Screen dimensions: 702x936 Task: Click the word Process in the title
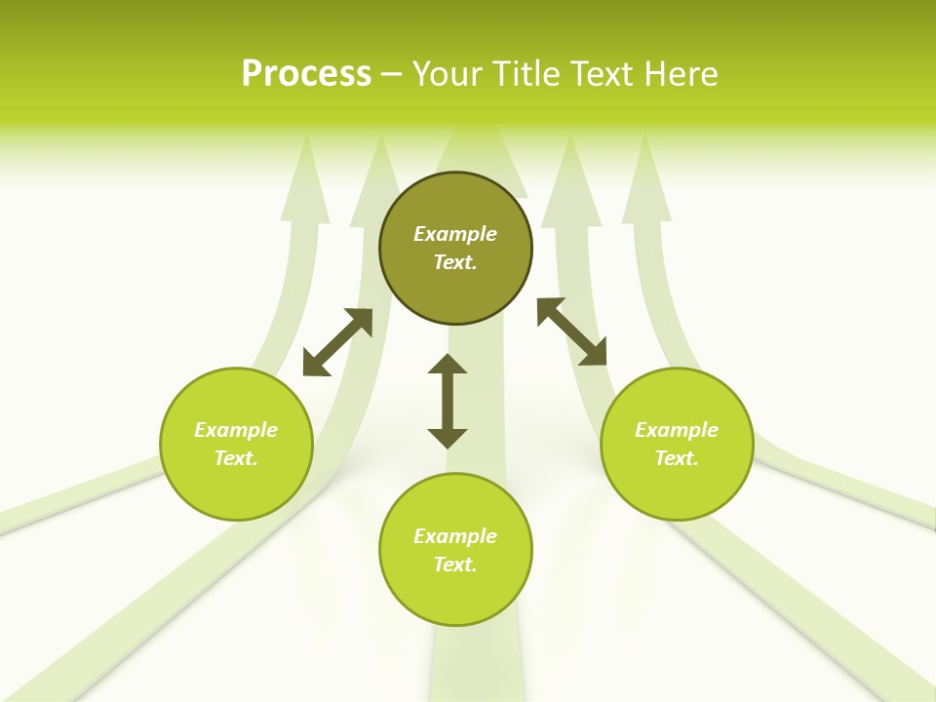[x=306, y=74]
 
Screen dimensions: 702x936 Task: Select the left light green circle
[x=236, y=487]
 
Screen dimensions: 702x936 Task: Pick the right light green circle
[x=677, y=487]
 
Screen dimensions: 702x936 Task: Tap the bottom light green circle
[x=455, y=595]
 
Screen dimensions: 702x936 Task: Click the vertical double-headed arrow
[x=448, y=402]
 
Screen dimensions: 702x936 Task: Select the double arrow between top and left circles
[x=337, y=342]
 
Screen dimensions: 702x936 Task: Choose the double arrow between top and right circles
[x=572, y=331]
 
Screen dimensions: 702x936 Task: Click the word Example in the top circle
[x=455, y=234]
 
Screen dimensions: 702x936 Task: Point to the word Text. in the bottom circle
[x=455, y=565]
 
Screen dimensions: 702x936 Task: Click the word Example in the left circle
[x=236, y=430]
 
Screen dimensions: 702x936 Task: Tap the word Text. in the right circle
[x=677, y=458]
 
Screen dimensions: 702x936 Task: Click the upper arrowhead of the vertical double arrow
[x=448, y=365]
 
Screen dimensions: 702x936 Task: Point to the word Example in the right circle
[x=677, y=430]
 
